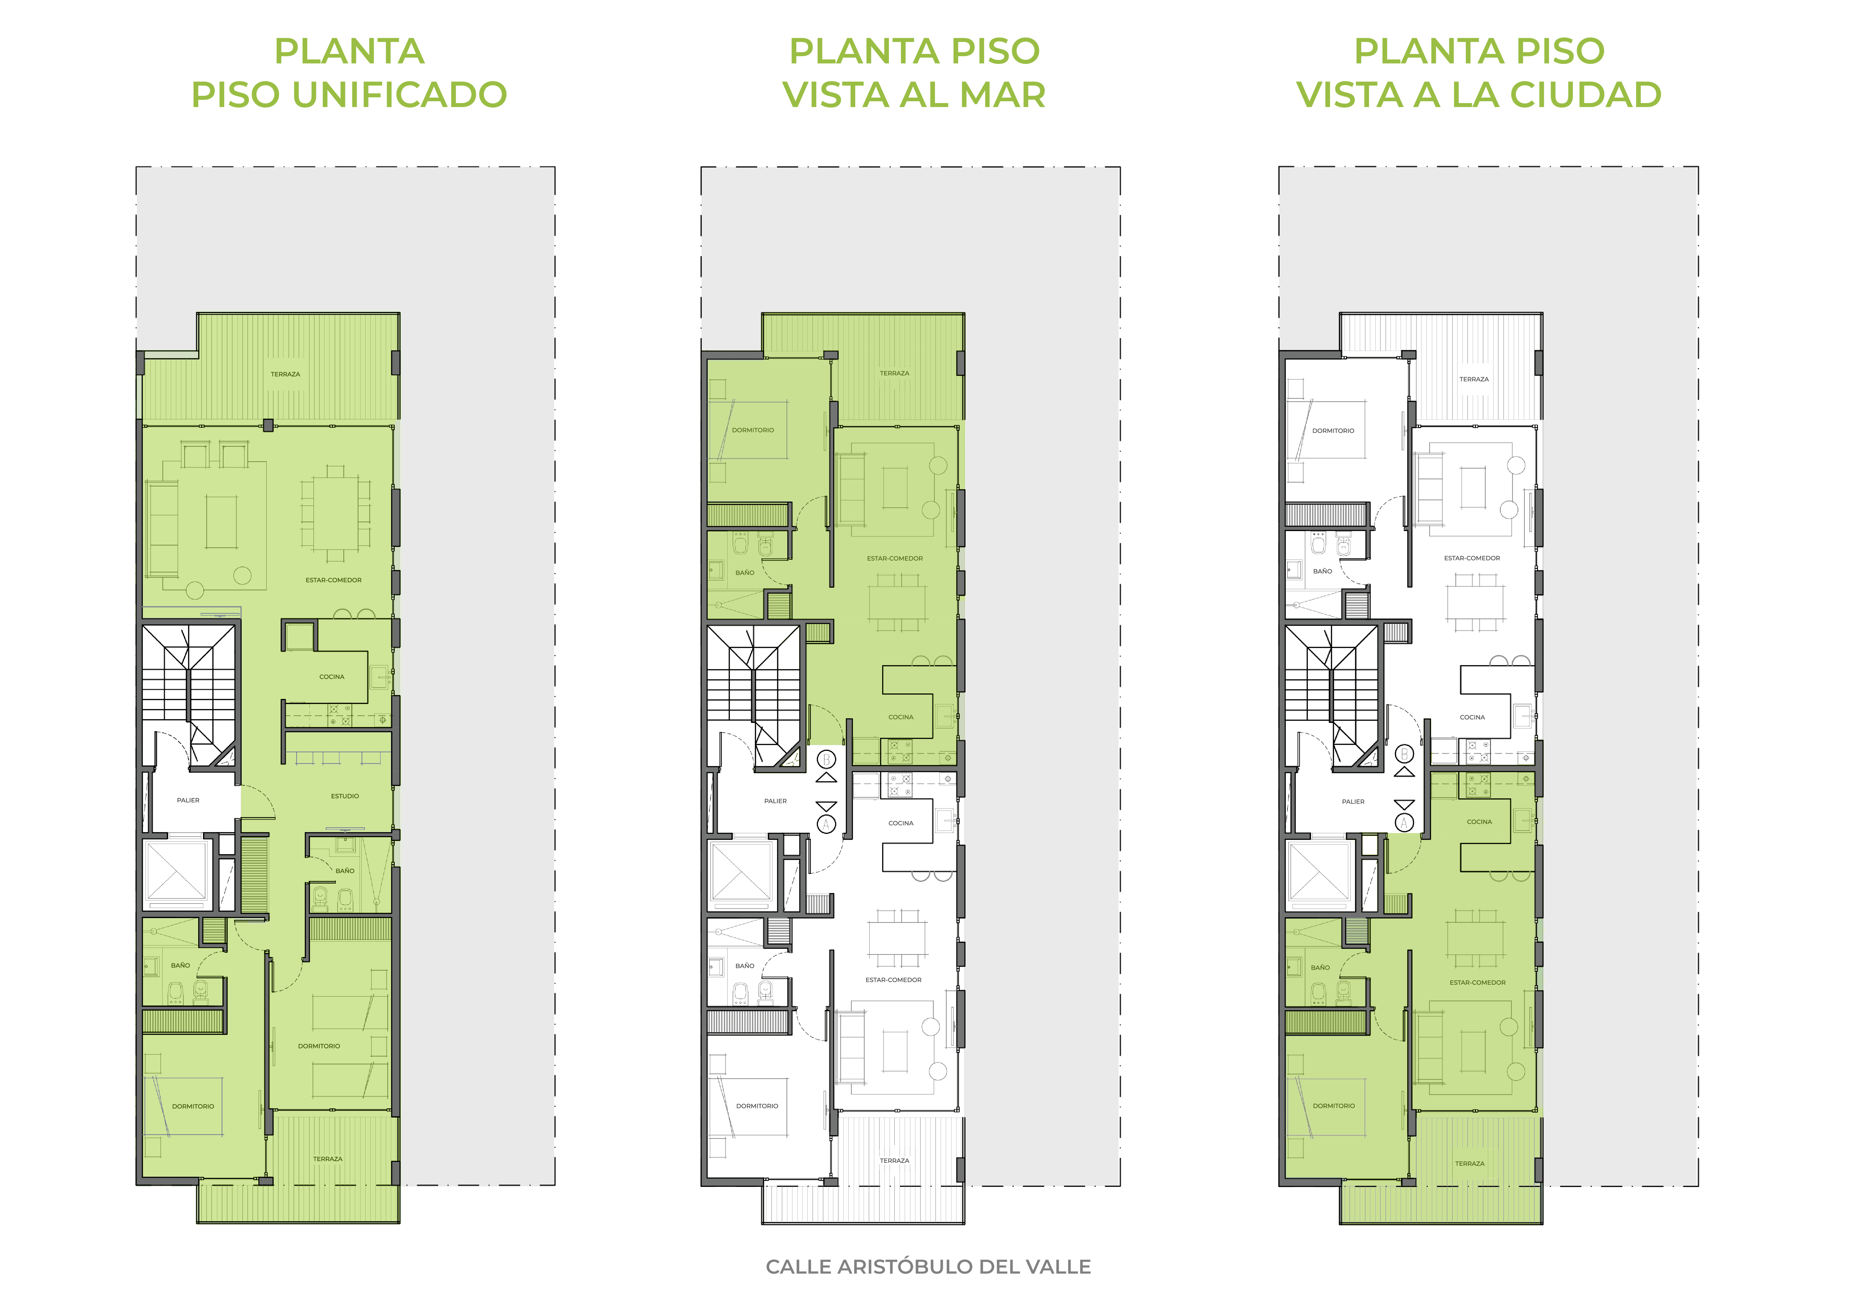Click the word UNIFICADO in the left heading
[400, 95]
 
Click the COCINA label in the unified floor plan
[332, 677]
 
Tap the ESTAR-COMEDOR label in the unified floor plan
[333, 580]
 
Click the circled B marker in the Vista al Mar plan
[826, 759]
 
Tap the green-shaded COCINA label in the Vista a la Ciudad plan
[1479, 822]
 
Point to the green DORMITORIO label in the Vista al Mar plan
[753, 430]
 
